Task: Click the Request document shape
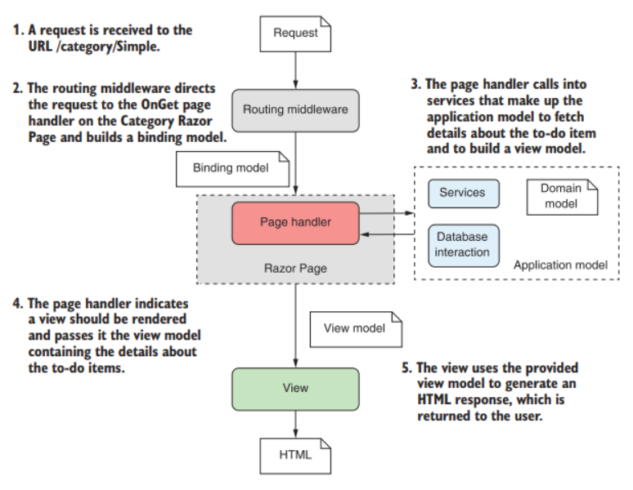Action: tap(295, 33)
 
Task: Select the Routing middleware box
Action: tap(295, 109)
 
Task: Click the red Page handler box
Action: tap(295, 223)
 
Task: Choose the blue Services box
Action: tap(462, 194)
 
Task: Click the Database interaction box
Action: tap(462, 245)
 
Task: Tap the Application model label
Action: tap(560, 265)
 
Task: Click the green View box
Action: tap(295, 387)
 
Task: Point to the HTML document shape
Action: tap(295, 455)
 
